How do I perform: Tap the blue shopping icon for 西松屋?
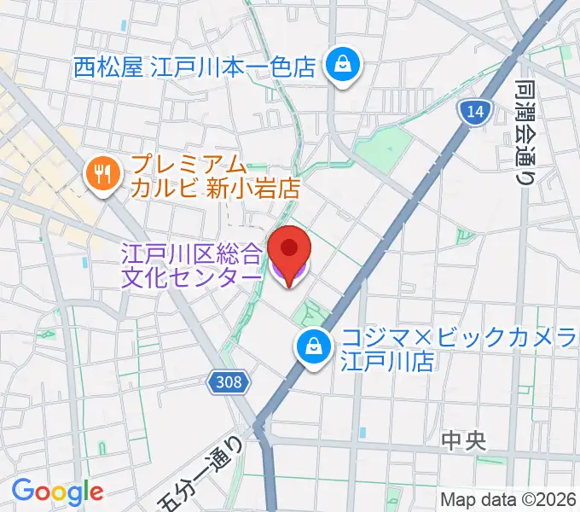(345, 66)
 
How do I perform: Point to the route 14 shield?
(474, 110)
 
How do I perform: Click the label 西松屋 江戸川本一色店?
(195, 67)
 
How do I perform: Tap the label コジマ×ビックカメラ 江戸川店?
(459, 349)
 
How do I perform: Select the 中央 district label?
(464, 441)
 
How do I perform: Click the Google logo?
(57, 491)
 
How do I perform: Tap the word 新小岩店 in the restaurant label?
(255, 188)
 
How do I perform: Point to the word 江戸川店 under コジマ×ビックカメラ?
(389, 361)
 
